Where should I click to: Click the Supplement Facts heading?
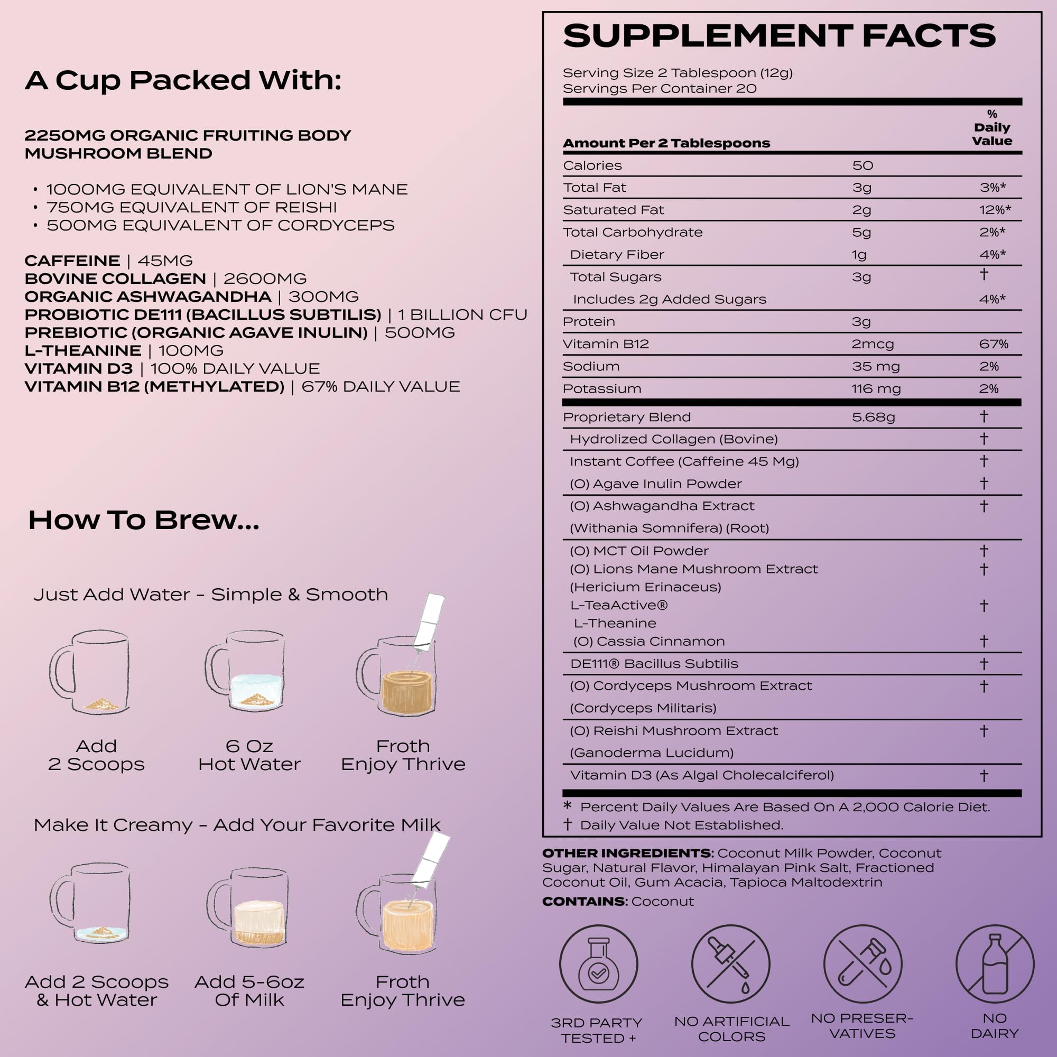(x=779, y=36)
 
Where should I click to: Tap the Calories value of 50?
(x=863, y=165)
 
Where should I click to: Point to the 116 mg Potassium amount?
(x=875, y=388)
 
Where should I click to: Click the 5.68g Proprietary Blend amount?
(x=873, y=417)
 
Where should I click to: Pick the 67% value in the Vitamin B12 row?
(x=994, y=344)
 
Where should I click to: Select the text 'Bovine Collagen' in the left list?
(x=115, y=279)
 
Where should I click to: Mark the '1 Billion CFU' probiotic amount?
(x=462, y=314)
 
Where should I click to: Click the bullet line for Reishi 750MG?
(x=191, y=207)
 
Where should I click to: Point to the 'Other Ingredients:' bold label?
(x=627, y=853)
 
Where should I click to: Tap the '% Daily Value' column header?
(x=991, y=127)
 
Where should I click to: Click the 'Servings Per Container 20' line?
(x=659, y=89)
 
